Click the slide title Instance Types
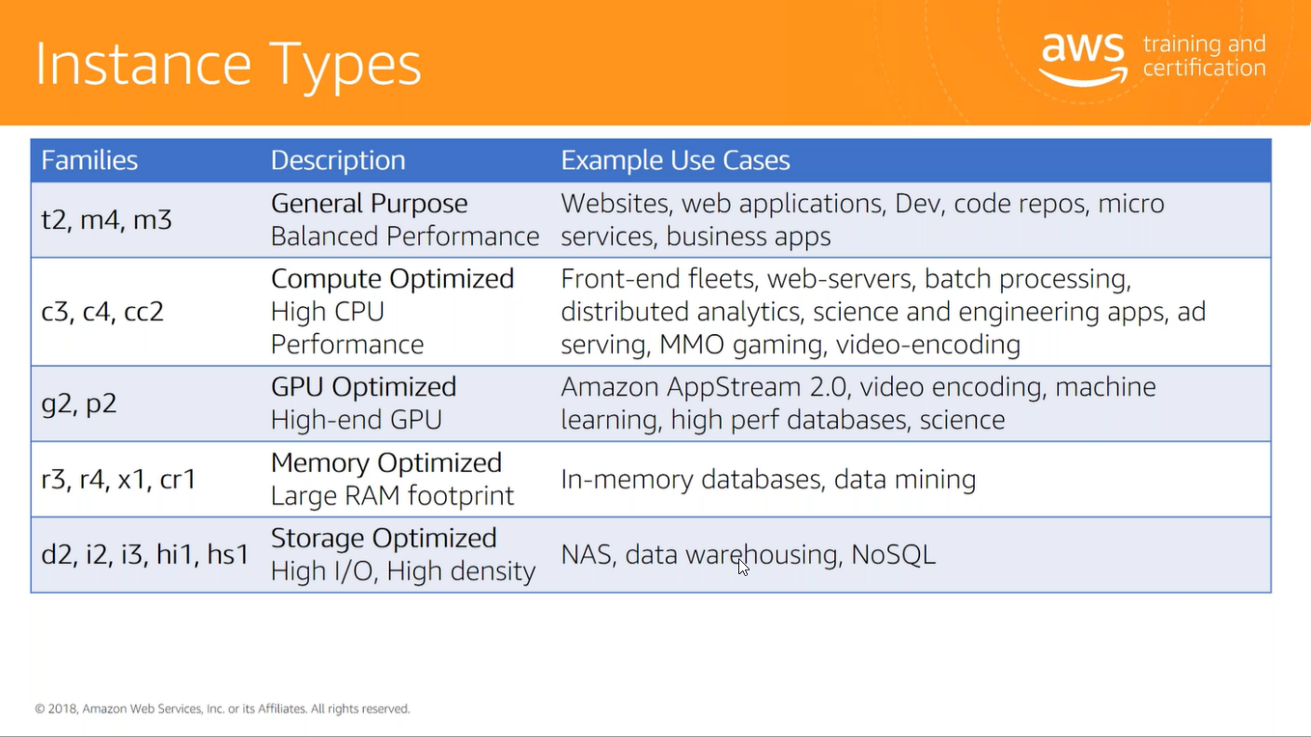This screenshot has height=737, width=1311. point(228,65)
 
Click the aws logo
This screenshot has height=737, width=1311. point(1083,59)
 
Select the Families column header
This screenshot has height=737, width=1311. point(89,160)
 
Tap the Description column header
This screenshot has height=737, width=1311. point(338,160)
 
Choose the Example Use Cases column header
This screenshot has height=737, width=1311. point(675,160)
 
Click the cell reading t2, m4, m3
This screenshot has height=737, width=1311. point(106,220)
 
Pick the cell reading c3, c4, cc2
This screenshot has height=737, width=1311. point(102,311)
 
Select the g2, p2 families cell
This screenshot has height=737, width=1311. point(79,404)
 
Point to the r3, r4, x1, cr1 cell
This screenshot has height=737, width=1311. point(118,479)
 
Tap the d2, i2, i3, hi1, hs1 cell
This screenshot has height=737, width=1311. point(145,554)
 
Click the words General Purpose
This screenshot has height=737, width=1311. point(370,204)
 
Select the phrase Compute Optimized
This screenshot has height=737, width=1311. point(393,278)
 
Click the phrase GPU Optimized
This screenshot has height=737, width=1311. point(363,387)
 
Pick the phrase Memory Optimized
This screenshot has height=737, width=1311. point(386,462)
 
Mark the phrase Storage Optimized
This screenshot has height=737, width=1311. point(384,538)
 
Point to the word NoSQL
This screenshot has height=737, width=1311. point(893,555)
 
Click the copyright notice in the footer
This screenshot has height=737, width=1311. point(223,709)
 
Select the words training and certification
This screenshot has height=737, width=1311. point(1205,56)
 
